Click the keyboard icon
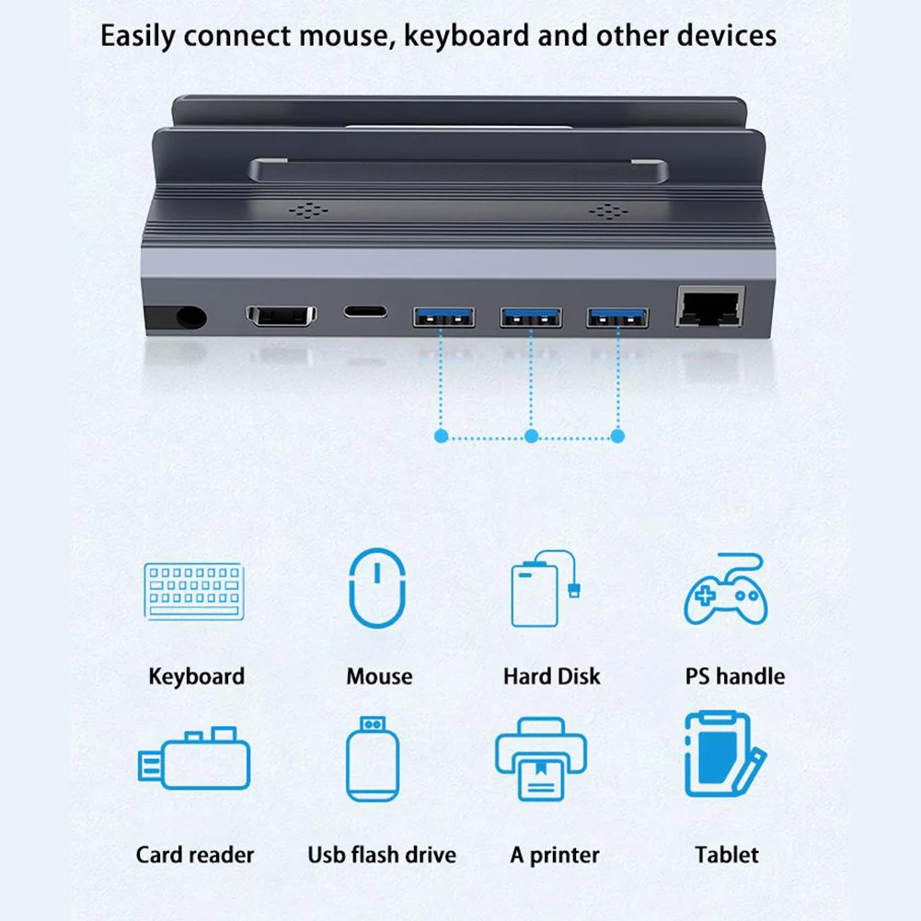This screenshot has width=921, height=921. [194, 591]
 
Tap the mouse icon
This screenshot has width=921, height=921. [377, 588]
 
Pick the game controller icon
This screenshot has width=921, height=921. [726, 592]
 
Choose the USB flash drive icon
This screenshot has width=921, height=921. [373, 758]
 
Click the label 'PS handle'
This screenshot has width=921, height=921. [734, 677]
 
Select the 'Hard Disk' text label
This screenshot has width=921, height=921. [551, 677]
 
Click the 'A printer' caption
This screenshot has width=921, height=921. [555, 855]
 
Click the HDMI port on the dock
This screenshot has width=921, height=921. [282, 314]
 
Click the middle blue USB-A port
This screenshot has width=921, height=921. [530, 317]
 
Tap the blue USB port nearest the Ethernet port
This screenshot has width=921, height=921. [617, 317]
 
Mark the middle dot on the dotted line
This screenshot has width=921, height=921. [530, 436]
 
